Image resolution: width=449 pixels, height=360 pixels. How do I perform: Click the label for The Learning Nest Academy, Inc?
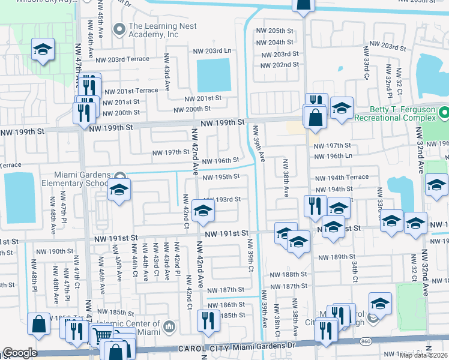point(154,31)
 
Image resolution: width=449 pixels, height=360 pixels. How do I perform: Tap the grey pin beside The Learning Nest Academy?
point(119,27)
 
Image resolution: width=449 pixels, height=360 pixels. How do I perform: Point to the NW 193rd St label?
point(222,199)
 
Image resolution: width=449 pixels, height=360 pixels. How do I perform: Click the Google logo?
point(20,353)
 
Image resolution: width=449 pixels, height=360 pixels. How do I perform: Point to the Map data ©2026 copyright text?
point(423,355)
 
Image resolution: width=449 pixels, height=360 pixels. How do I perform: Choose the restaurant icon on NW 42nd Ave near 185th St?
point(208,320)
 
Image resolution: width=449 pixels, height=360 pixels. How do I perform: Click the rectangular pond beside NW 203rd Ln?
point(214,76)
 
